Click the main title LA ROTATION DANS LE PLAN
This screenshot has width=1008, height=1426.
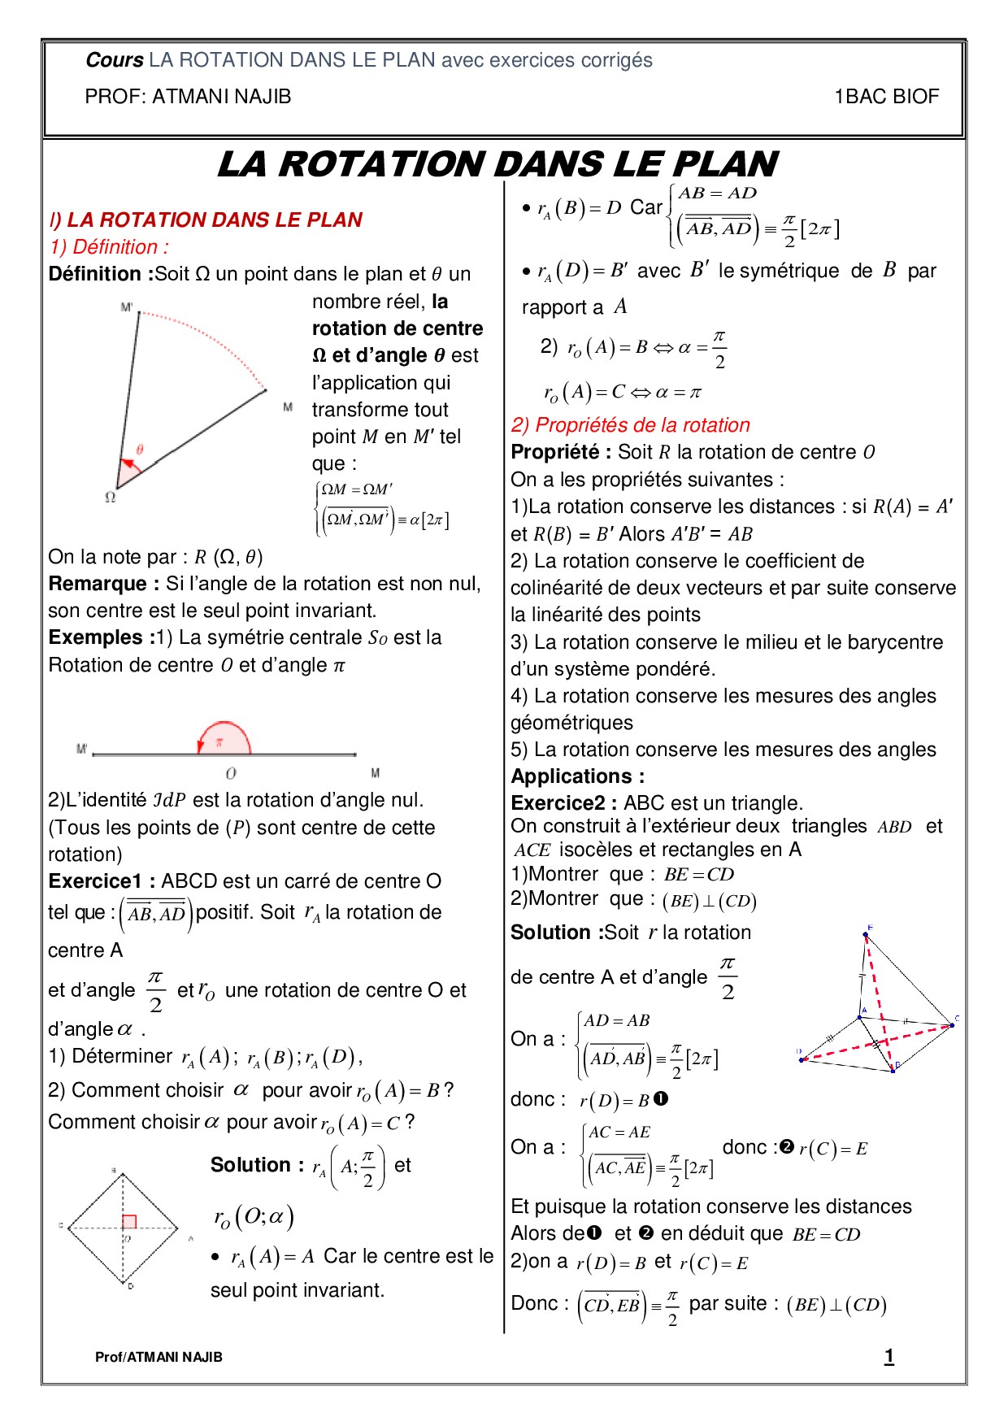(x=497, y=164)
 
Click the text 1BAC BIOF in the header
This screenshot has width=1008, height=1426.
(x=886, y=97)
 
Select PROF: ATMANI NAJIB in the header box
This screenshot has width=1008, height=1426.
(x=188, y=97)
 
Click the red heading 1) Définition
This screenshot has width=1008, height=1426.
(x=109, y=247)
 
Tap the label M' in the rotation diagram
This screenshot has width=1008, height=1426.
(x=127, y=307)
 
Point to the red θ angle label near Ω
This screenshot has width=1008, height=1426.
(x=140, y=449)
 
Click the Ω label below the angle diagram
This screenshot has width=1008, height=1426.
(x=111, y=497)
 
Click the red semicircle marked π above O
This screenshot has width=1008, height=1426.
(x=224, y=738)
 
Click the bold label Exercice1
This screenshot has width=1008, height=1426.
(x=102, y=881)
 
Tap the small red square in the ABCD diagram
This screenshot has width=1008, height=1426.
(x=129, y=1221)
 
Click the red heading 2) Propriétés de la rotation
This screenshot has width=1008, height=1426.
(x=630, y=425)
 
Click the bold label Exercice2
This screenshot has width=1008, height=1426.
(x=563, y=803)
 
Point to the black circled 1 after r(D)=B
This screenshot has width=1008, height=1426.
(x=661, y=1099)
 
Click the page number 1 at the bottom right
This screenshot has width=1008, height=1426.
(x=889, y=1356)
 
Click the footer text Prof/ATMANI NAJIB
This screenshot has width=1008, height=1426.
(x=159, y=1357)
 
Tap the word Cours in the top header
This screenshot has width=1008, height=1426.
(x=114, y=60)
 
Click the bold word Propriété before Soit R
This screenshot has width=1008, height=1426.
(x=560, y=452)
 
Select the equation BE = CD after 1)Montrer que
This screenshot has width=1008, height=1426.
(x=698, y=875)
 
